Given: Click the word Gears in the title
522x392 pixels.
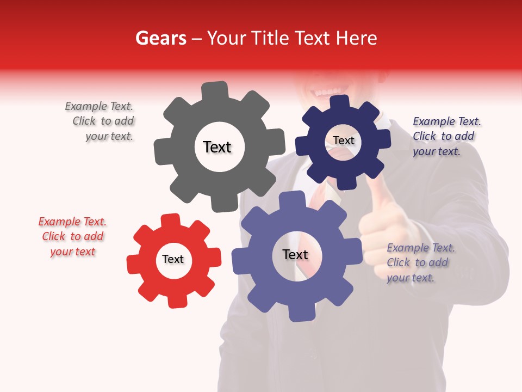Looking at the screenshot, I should pos(160,38).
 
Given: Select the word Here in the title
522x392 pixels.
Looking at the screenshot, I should pos(357,38).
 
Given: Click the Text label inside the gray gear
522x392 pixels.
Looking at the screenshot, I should pos(217,147).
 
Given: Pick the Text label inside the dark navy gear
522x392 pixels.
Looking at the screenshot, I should pos(343,140).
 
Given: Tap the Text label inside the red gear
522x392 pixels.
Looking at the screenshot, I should pos(173,259).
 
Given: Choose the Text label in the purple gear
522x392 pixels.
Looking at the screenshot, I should pos(295,254).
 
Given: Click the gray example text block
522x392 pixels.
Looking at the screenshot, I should pos(101,121).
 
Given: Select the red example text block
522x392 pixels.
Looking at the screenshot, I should pos(72,236).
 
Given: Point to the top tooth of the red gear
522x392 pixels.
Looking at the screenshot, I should pos(170,220).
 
